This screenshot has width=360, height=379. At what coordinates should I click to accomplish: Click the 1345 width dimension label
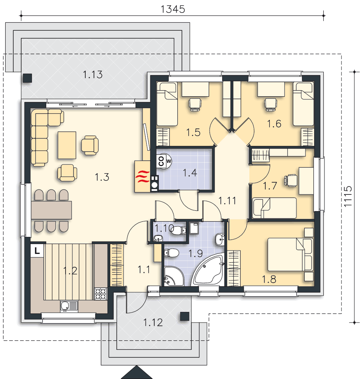(x=173, y=9)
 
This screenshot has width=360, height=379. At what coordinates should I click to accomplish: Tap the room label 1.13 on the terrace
(x=92, y=75)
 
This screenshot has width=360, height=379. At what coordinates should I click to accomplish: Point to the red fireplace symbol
(x=142, y=176)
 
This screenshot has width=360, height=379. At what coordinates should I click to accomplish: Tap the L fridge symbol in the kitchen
(x=37, y=251)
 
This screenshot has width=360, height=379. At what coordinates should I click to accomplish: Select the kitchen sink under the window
(x=69, y=305)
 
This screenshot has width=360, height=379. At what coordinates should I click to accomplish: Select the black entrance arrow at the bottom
(x=136, y=373)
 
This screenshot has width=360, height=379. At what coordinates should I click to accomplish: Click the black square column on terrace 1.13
(x=27, y=78)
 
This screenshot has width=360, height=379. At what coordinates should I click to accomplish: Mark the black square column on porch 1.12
(x=185, y=316)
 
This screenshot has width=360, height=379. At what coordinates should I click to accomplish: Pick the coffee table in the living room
(x=67, y=145)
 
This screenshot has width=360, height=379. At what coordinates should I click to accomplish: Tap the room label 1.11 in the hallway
(x=228, y=200)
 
